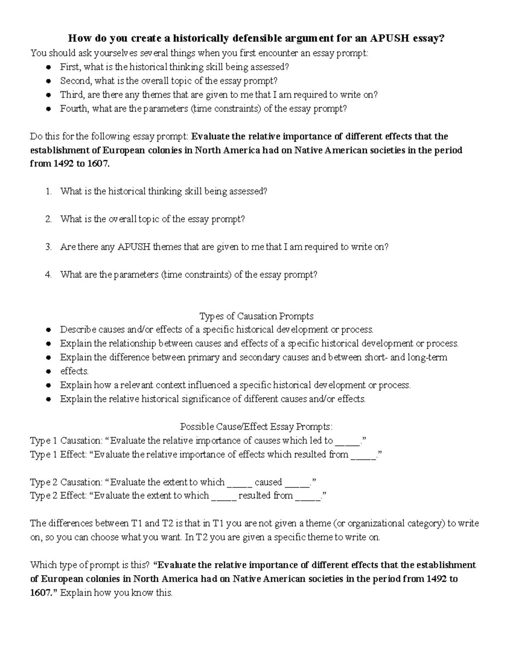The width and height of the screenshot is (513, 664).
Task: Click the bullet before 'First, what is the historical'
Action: [x=49, y=68]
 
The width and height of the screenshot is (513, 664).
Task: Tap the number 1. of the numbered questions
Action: [x=49, y=192]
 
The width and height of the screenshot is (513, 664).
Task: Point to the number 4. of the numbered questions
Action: [x=49, y=274]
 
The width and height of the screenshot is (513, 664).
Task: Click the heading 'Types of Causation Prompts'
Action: [x=256, y=316]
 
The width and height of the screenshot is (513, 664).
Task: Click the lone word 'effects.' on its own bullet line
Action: [x=74, y=371]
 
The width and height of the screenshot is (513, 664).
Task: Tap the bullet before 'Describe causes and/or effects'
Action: [x=49, y=330]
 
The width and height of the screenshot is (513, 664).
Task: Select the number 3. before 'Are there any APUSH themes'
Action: [x=49, y=247]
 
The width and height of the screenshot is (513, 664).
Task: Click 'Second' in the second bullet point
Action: [x=75, y=81]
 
